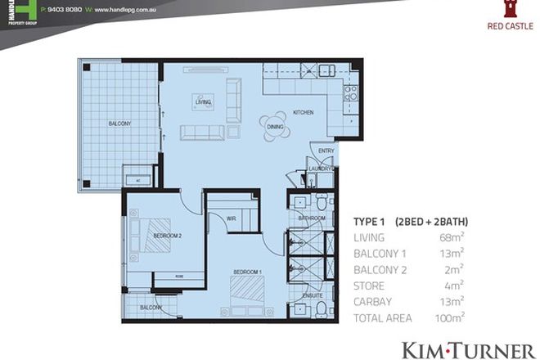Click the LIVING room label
pyautogui.click(x=203, y=102)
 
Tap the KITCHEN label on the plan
pyautogui.click(x=304, y=112)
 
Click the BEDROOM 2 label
pyautogui.click(x=168, y=237)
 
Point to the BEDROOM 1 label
pyautogui.click(x=247, y=271)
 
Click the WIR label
pyautogui.click(x=232, y=217)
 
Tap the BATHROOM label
pyautogui.click(x=312, y=218)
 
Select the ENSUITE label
pyautogui.click(x=311, y=295)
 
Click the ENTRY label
pyautogui.click(x=326, y=151)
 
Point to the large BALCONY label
pyautogui.click(x=119, y=124)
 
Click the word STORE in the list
pyautogui.click(x=369, y=286)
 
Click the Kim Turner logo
pyautogui.click(x=467, y=349)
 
